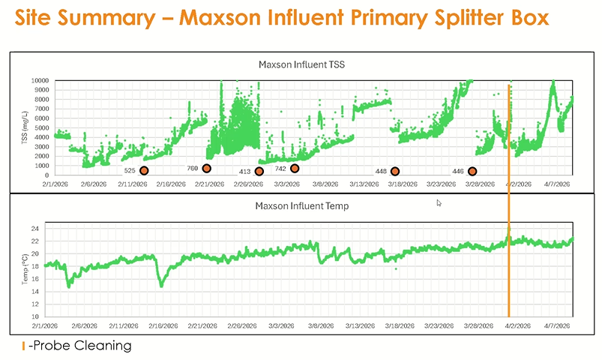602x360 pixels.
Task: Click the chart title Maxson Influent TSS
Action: (x=301, y=64)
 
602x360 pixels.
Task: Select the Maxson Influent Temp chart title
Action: (x=301, y=205)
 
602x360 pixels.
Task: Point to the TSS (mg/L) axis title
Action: (x=25, y=127)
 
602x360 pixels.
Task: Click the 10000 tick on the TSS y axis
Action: (x=40, y=80)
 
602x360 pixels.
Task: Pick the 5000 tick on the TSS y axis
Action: (x=42, y=127)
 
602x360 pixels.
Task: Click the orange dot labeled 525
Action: (x=144, y=171)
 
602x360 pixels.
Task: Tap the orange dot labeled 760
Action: (x=207, y=169)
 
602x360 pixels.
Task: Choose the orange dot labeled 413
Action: (x=259, y=172)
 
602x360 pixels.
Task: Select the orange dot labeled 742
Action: (x=295, y=169)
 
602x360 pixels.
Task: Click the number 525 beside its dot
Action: (x=130, y=171)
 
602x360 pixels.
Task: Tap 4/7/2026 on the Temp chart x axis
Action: (x=559, y=326)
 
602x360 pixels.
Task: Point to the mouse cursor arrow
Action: (x=439, y=202)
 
